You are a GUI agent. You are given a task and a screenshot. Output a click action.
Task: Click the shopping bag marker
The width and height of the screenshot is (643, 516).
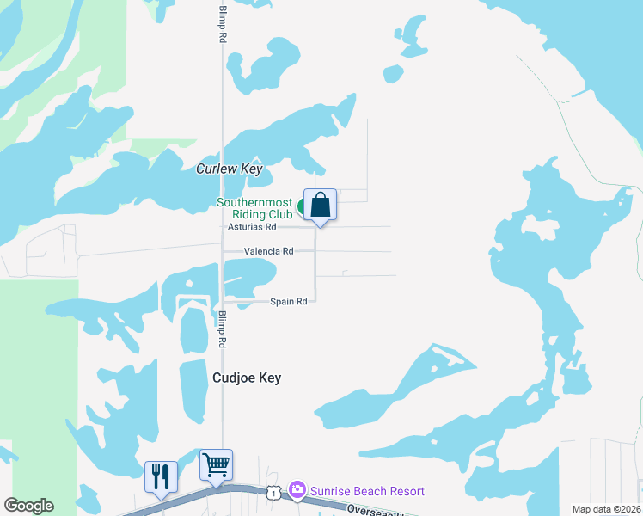(320, 206)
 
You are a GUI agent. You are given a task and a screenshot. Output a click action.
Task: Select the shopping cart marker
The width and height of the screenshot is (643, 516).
(217, 466)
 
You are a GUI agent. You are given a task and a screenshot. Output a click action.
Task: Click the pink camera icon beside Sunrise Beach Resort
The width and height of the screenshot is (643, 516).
(297, 490)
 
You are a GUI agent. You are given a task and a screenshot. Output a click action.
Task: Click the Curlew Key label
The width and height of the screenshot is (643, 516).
(229, 169)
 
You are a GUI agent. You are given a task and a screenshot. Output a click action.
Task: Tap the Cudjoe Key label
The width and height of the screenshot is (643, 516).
(247, 378)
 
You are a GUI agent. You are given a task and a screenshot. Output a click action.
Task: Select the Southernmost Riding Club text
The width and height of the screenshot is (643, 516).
(255, 208)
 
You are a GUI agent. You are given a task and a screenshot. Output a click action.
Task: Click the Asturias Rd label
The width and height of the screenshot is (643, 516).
(252, 227)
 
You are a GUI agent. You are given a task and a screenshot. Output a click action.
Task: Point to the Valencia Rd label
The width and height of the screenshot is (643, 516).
(269, 251)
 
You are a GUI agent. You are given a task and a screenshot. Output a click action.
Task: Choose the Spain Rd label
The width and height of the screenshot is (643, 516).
(289, 302)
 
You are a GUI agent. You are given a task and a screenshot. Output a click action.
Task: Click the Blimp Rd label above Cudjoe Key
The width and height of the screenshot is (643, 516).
(223, 329)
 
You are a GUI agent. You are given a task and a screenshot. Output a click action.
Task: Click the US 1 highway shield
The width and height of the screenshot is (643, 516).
(273, 492)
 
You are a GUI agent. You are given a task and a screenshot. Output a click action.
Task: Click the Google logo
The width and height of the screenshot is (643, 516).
(28, 506)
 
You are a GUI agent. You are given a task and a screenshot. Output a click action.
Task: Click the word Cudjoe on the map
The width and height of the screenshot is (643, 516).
(233, 378)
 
